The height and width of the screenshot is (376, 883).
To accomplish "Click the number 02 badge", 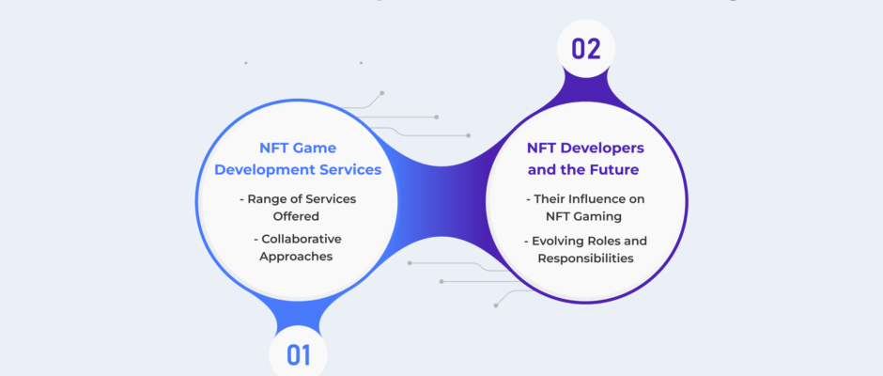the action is click(x=585, y=49).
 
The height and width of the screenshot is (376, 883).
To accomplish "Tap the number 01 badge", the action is click(x=298, y=353).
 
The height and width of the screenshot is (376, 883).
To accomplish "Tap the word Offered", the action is click(x=296, y=216).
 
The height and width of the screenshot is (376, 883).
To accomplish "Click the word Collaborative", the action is click(x=302, y=239).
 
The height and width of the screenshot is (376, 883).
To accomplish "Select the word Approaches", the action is click(x=296, y=257).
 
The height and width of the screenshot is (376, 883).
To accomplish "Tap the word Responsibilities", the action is click(x=585, y=258).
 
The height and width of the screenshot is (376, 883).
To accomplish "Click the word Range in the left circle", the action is click(x=265, y=199).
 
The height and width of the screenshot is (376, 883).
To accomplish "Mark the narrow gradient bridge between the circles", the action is click(x=441, y=199).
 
